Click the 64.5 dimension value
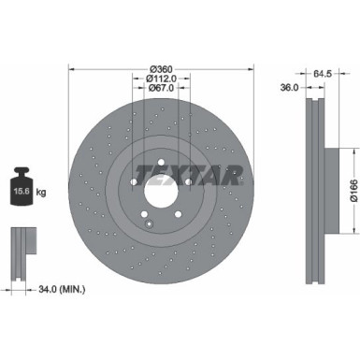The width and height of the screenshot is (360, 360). [x=324, y=71]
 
